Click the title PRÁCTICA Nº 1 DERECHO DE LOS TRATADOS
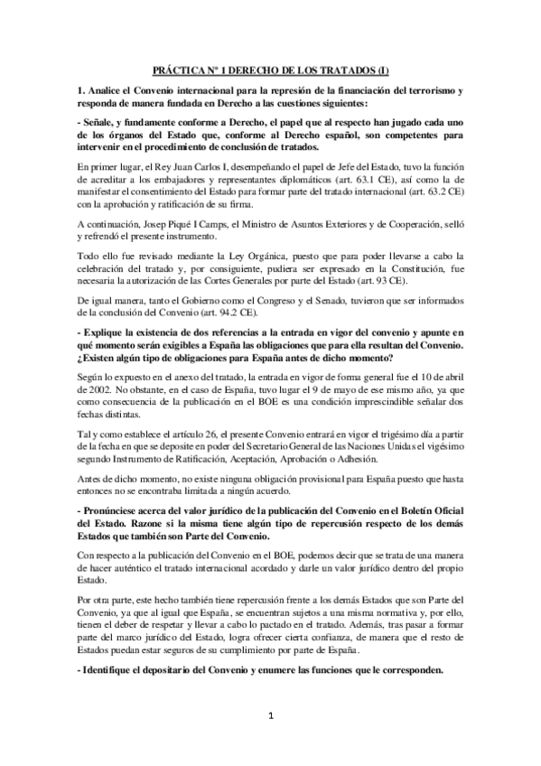tap(270, 70)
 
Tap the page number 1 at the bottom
tap(270, 717)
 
